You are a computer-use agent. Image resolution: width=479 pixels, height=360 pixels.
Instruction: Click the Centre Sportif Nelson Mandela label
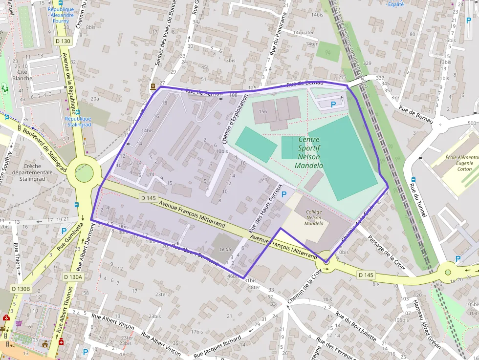[x=309, y=152]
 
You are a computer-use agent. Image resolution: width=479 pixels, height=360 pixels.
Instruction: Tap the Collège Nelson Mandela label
[x=314, y=218]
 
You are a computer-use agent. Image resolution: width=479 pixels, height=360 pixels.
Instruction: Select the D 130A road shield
[x=73, y=277]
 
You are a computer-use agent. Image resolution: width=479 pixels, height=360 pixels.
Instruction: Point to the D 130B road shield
[x=21, y=289]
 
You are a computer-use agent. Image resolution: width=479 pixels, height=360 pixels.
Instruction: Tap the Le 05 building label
[x=225, y=249]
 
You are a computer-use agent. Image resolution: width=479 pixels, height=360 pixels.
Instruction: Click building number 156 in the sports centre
[x=263, y=111]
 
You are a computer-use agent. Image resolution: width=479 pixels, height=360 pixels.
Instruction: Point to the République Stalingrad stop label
[x=78, y=122]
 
